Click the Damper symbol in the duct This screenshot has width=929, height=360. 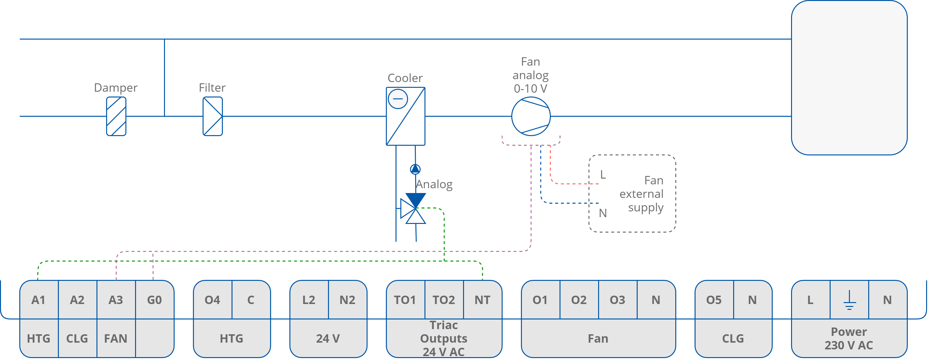point(116,116)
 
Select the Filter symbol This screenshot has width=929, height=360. point(213,116)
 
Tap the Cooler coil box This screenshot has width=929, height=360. point(405,116)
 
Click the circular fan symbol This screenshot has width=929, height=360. point(531,116)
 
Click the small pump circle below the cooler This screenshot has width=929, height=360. point(415,169)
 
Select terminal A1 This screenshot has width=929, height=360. point(39,300)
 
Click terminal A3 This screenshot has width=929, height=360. point(116,300)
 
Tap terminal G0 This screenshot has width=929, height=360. point(154,300)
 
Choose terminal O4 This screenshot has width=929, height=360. point(213,300)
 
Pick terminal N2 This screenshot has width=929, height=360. point(347,300)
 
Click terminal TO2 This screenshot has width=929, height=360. point(443,300)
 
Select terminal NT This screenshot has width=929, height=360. point(482,300)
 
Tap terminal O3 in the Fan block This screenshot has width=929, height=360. point(617,300)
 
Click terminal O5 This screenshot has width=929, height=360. point(714,300)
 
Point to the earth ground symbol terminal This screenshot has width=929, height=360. point(849,300)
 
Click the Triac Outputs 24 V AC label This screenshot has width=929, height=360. point(443,338)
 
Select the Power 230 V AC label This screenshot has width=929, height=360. point(849,338)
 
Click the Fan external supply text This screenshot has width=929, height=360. point(642,194)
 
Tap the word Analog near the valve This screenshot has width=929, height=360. point(434,184)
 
